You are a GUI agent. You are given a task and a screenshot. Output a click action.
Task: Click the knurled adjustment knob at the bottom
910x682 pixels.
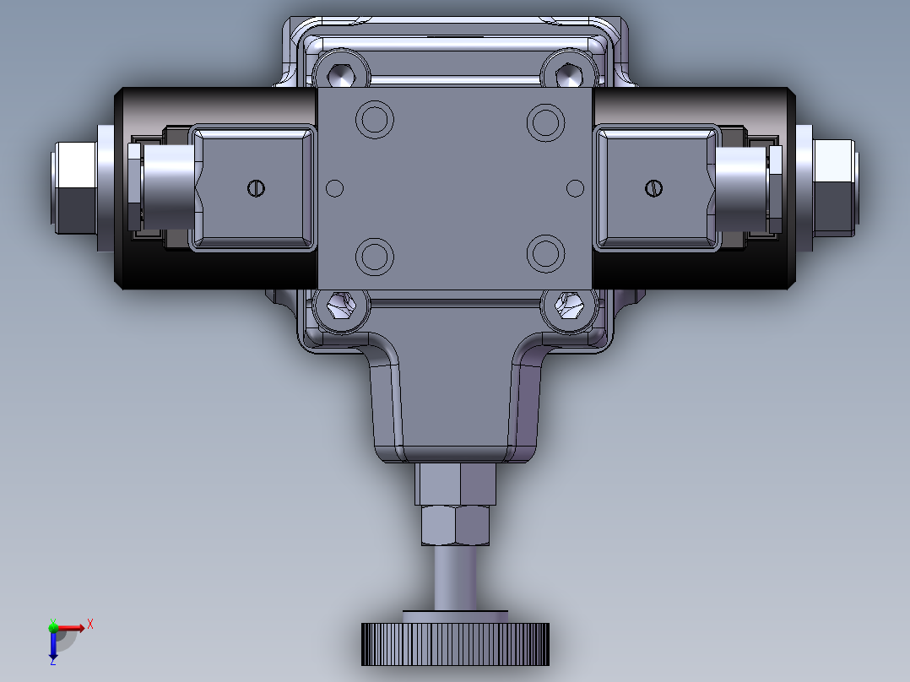tap(456, 644)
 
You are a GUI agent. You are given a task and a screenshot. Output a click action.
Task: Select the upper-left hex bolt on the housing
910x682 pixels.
tap(341, 73)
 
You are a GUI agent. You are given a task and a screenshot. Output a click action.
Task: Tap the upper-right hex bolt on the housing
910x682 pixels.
tap(571, 73)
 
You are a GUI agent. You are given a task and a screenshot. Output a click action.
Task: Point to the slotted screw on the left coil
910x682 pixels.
tap(257, 188)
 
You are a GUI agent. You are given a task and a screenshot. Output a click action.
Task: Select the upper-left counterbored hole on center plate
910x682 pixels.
tap(375, 120)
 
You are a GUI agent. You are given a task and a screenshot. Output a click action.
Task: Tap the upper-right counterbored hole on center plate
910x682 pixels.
tap(544, 121)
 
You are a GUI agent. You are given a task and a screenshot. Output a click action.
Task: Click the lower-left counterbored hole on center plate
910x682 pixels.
tap(375, 255)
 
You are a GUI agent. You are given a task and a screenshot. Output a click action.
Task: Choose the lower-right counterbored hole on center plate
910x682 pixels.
tap(544, 254)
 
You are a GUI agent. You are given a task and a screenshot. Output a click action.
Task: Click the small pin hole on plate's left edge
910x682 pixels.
tap(335, 187)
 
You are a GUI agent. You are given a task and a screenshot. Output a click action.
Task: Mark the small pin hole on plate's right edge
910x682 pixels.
tap(576, 187)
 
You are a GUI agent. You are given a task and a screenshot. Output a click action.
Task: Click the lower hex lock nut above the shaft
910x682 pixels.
tap(456, 525)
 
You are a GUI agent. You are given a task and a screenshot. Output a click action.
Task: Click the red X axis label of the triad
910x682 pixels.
tap(90, 624)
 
